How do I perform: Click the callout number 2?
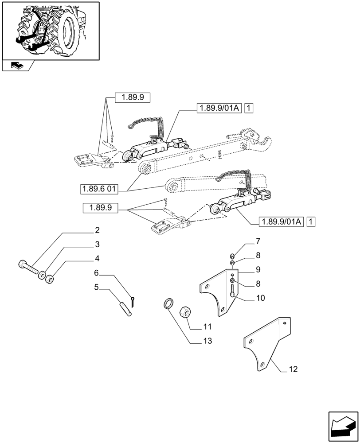[97, 230]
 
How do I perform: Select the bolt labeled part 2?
[27, 268]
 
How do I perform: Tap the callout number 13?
[208, 341]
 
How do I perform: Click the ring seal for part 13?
[168, 305]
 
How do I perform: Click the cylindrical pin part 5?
[125, 307]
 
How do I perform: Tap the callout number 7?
[258, 241]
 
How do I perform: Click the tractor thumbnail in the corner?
[50, 31]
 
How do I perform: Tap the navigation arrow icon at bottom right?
[343, 426]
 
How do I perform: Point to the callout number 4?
[97, 259]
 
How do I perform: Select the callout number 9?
[258, 269]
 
